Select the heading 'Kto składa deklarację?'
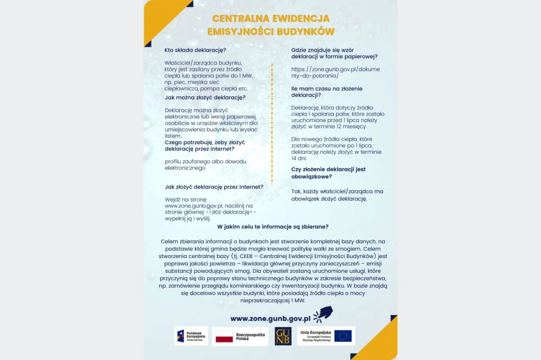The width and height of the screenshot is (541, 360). click(x=195, y=50)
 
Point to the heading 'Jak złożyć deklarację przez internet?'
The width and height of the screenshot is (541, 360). click(x=214, y=187)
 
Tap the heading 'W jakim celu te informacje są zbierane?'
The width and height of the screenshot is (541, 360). click(x=273, y=227)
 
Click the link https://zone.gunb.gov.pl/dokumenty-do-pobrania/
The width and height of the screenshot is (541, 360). click(x=335, y=72)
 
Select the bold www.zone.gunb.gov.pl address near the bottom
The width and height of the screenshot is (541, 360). click(x=270, y=319)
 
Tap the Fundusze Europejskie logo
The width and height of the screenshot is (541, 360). click(x=191, y=336)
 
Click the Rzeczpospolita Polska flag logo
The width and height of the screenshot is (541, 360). click(x=240, y=336)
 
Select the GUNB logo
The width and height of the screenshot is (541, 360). click(x=283, y=336)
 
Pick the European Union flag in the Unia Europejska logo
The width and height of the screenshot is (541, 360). click(x=343, y=336)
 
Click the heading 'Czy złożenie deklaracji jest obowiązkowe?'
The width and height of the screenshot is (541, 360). click(x=328, y=173)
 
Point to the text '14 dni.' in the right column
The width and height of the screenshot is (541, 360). click(x=299, y=158)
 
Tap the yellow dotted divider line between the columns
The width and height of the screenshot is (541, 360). click(x=272, y=122)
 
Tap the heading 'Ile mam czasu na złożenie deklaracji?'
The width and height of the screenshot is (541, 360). click(x=326, y=92)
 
